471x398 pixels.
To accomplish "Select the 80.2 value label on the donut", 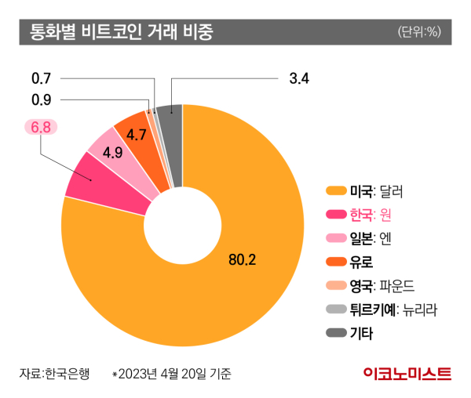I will (x=243, y=259).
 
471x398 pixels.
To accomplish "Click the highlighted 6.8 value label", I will (x=41, y=126).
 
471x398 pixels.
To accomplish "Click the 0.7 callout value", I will (x=41, y=78).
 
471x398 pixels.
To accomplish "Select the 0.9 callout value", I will (x=41, y=99).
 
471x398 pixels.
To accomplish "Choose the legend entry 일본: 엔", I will (x=375, y=238).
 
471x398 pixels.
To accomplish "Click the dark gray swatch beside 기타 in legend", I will (x=336, y=334).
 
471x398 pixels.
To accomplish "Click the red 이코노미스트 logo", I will (x=407, y=374).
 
